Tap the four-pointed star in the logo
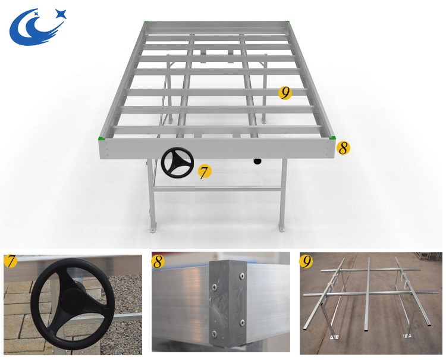click(x=61, y=14)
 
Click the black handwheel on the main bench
click(x=177, y=162)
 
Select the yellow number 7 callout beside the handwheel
click(x=205, y=172)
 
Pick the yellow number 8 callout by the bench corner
click(x=343, y=148)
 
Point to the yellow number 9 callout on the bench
click(x=285, y=92)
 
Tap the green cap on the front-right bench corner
click(x=332, y=138)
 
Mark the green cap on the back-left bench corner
click(x=146, y=21)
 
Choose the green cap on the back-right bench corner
click(x=287, y=21)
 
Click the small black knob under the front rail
click(x=257, y=161)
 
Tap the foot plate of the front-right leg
click(x=281, y=228)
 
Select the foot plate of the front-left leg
click(x=153, y=228)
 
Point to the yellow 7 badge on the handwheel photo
click(x=11, y=261)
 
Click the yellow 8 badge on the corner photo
click(x=158, y=262)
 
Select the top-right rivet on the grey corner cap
click(x=242, y=276)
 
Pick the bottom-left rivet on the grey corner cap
click(x=214, y=333)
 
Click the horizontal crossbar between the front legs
click(x=217, y=189)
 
